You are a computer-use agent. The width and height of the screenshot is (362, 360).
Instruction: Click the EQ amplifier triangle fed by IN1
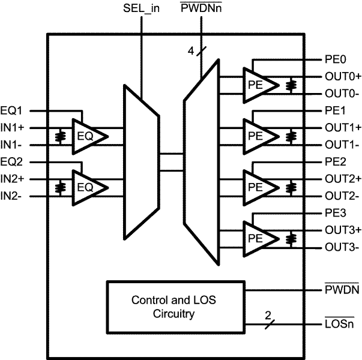click(x=88, y=137)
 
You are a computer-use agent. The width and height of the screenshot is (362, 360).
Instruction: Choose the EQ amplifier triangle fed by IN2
click(x=88, y=188)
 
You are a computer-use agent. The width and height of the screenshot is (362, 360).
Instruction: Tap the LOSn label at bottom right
click(x=339, y=325)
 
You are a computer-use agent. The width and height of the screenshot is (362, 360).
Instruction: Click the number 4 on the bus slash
click(x=191, y=52)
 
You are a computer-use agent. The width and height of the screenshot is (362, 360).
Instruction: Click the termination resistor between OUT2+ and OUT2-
click(x=291, y=188)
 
